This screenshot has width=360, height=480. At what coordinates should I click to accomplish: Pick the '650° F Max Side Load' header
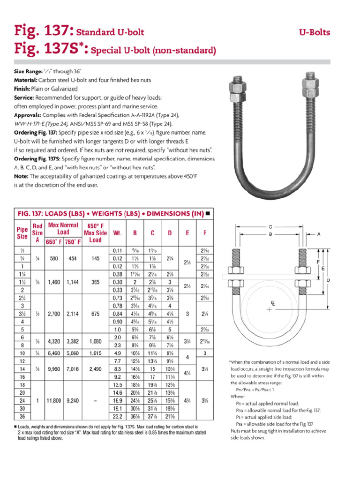pyautogui.click(x=95, y=233)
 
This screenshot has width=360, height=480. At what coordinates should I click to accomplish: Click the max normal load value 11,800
pyautogui.click(x=54, y=401)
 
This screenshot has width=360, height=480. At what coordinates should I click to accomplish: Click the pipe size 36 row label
pyautogui.click(x=22, y=416)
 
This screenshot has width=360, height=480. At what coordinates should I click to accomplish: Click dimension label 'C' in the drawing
pyautogui.click(x=270, y=225)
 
